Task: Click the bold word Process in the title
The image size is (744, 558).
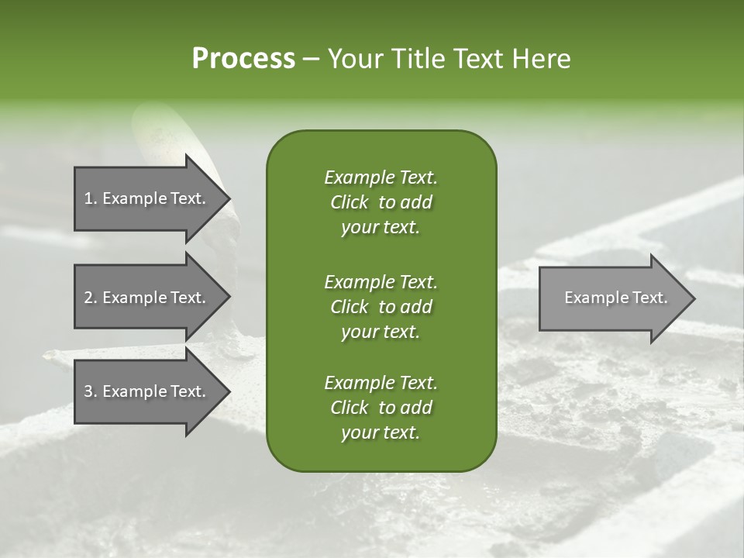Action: point(243,59)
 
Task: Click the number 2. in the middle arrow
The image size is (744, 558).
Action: point(91,298)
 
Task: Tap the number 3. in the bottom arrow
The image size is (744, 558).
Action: point(91,391)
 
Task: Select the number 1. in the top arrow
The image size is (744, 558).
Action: point(90,198)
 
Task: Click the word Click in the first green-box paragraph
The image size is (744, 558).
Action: point(350,202)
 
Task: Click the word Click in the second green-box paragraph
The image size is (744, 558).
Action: point(350,307)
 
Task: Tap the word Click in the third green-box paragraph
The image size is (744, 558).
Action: point(350,408)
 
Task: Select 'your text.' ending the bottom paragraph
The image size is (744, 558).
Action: point(381,433)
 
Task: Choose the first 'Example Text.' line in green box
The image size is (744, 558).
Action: point(381,177)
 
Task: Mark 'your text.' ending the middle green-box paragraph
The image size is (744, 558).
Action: point(381,332)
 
